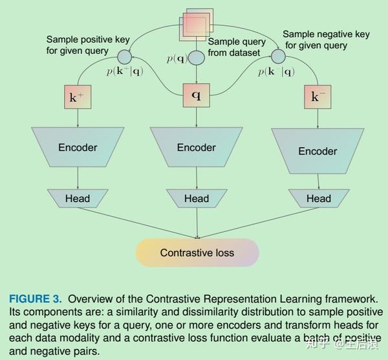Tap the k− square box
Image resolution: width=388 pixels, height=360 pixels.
316,98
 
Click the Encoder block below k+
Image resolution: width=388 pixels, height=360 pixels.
78,147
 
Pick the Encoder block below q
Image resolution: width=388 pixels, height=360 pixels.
197,147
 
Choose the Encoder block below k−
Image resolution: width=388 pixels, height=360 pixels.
318,150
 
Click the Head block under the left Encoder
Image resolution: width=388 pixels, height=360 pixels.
78,198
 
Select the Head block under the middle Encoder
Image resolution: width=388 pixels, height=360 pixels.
197,198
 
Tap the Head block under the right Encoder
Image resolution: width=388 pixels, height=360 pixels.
318,198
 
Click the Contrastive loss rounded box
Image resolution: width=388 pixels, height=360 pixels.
197,253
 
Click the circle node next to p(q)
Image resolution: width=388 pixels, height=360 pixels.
197,58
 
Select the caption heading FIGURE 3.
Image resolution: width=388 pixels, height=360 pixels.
36,298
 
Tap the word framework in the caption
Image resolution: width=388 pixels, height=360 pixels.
353,298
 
